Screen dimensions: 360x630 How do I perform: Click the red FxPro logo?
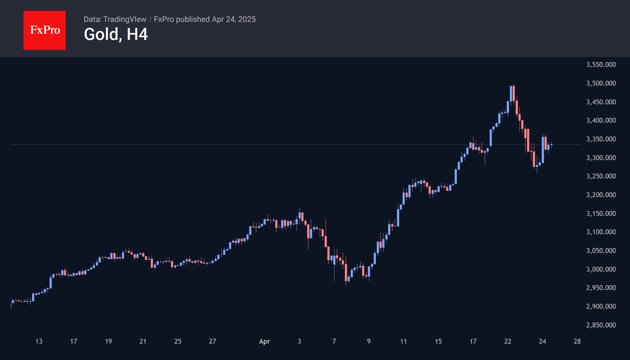pos(45,30)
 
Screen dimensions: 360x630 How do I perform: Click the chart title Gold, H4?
pos(116,34)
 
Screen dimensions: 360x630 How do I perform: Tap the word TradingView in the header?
pos(125,19)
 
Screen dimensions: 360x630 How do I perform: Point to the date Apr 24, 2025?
pos(234,19)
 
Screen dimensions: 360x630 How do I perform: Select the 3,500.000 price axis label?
pos(601,83)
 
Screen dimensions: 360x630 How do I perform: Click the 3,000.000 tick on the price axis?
pos(601,269)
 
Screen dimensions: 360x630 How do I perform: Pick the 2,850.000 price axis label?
pos(601,325)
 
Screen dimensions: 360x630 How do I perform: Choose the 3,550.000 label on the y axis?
pos(601,65)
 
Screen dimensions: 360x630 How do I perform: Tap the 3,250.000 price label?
pos(601,176)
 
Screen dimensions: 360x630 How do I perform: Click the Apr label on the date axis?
pos(264,341)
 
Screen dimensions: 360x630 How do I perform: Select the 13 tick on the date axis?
pos(39,341)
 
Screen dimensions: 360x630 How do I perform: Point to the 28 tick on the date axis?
pos(577,341)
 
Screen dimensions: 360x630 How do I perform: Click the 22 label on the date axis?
pos(508,341)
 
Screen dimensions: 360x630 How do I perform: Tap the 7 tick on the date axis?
pos(334,341)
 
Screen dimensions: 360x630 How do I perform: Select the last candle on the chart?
pos(551,145)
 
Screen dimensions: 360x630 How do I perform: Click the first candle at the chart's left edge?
pos(11,305)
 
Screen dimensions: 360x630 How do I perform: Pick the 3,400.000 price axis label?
pos(601,120)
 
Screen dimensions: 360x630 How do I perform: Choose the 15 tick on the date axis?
pos(438,341)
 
